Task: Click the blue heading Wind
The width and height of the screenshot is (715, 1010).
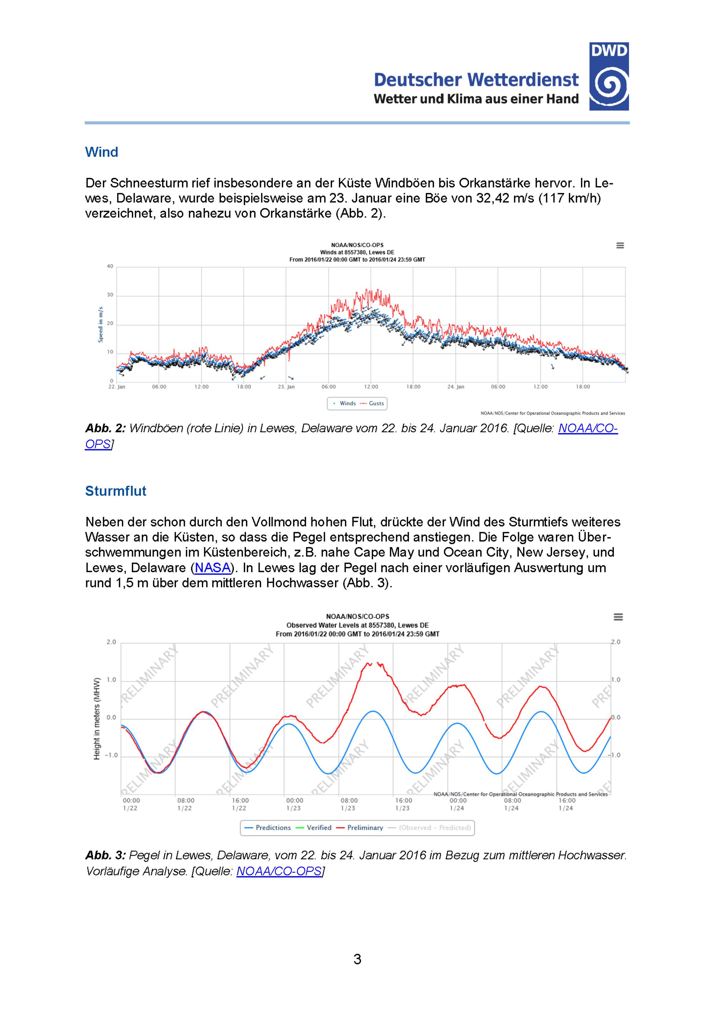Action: (101, 152)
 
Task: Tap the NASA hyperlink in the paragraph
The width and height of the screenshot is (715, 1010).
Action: (213, 567)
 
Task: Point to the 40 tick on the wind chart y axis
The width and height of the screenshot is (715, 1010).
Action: (110, 266)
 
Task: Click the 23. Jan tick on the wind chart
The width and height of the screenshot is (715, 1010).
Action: (286, 387)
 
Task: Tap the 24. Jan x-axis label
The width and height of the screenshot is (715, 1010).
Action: (456, 387)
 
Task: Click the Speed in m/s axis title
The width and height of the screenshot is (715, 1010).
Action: (100, 324)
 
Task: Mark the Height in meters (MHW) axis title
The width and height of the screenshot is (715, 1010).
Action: (97, 718)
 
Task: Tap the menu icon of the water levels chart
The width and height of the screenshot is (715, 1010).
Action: (618, 617)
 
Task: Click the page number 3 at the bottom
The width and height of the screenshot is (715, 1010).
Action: (357, 959)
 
